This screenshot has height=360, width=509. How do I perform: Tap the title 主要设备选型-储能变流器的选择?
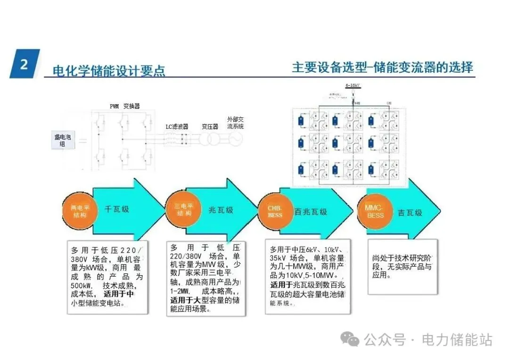pos(382,67)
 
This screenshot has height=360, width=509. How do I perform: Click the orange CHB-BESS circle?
pos(275,212)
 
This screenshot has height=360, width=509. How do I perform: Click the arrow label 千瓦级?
pos(116,209)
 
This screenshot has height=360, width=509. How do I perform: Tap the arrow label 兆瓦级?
pos(221,210)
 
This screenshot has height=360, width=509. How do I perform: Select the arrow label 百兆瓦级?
pos(311,212)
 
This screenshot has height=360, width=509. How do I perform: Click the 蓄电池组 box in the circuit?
pos(62,140)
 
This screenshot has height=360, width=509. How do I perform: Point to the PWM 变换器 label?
pos(125,106)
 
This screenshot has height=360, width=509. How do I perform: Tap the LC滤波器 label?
pos(177,127)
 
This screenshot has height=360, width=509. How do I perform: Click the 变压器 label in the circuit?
pos(210,126)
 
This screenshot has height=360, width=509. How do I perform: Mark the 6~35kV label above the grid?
pos(353,85)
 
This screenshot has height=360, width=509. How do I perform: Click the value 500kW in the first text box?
pos(80,286)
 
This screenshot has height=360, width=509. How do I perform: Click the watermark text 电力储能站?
pos(457,339)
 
